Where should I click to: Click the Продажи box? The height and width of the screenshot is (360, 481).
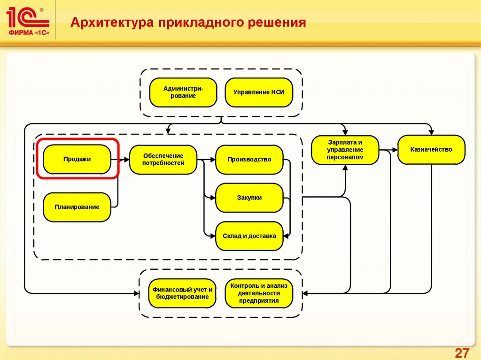pos(77,159)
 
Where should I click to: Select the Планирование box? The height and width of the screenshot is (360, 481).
pos(77,207)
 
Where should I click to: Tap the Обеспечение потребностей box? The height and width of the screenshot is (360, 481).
pos(163,160)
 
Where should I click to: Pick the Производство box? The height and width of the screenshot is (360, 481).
pos(249,160)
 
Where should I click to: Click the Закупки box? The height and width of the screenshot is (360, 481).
pos(249,198)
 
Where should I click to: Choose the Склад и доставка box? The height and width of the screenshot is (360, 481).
pos(249,236)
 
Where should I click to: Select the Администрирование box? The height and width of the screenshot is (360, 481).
pos(184,92)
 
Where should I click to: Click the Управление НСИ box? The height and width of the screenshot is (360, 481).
pos(259,92)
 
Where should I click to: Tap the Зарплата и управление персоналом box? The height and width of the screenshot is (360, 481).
pos(345,150)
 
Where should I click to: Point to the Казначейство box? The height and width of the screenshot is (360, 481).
pos(431,150)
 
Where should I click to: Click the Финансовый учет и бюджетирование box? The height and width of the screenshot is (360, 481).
pos(183,293)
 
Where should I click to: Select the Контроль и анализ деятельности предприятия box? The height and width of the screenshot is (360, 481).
pos(259,293)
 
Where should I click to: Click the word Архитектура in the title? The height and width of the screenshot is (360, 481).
pos(112,23)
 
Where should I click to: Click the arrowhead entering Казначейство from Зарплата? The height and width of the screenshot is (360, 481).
pos(395,150)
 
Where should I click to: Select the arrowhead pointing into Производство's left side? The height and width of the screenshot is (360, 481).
pos(213,160)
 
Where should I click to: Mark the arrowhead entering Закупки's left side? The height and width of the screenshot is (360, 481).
pos(213,198)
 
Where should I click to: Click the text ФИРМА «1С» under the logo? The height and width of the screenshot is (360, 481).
pos(29,33)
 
